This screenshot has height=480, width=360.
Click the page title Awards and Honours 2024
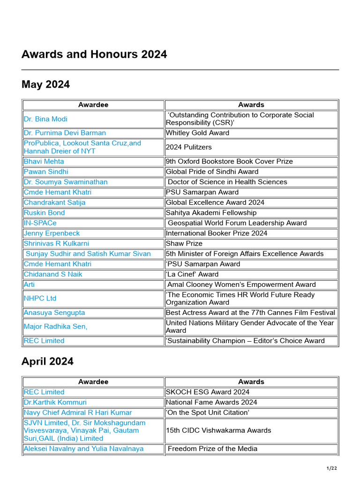(94, 54)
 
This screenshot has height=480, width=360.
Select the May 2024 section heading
(45, 84)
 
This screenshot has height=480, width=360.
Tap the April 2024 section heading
(47, 361)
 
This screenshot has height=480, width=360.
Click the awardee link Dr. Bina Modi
(45, 119)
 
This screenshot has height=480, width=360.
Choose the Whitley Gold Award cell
(197, 133)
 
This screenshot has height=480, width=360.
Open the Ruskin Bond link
(44, 213)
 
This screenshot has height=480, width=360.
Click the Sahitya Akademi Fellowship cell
(211, 213)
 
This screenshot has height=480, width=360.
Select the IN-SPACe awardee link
(40, 223)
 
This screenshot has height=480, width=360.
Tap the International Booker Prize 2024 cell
(217, 233)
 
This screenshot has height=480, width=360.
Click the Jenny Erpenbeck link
(52, 233)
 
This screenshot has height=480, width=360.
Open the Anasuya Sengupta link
(54, 313)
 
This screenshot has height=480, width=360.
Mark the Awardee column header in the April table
(93, 382)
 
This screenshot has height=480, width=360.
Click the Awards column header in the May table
(251, 105)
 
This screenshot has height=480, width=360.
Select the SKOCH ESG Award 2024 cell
(208, 392)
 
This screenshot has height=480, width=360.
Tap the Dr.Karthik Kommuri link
(55, 402)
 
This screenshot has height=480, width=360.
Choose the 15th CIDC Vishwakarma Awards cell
(218, 430)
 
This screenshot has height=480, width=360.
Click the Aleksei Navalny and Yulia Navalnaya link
(83, 449)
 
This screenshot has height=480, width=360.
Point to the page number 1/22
(331, 468)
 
